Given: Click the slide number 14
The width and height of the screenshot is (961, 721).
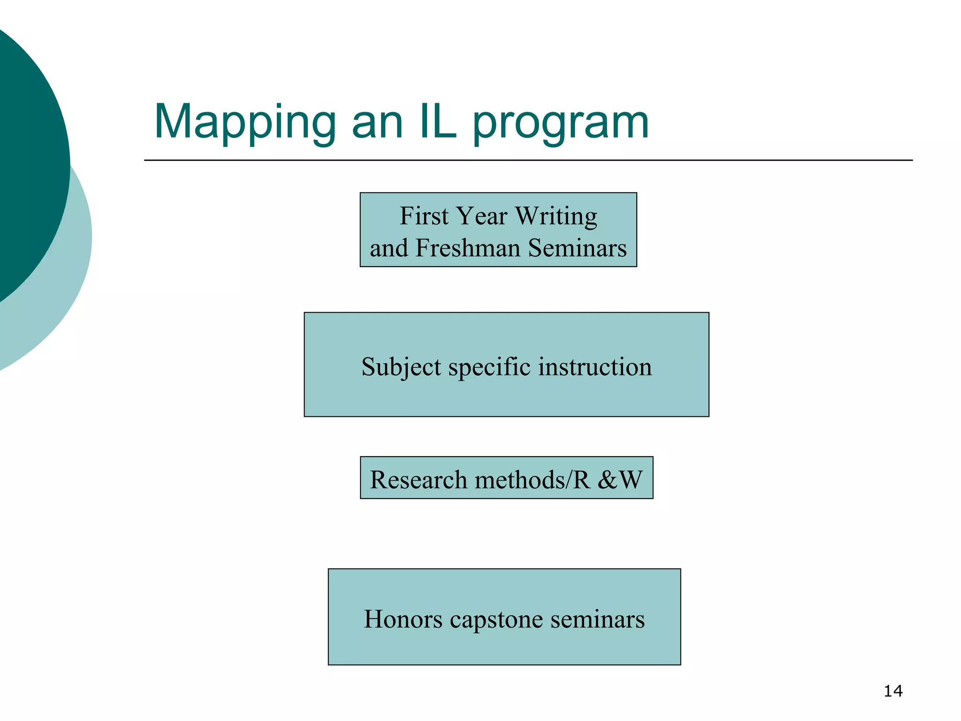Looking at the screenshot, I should point(893,691).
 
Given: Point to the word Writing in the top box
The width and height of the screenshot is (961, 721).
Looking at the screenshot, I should point(556,217).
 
